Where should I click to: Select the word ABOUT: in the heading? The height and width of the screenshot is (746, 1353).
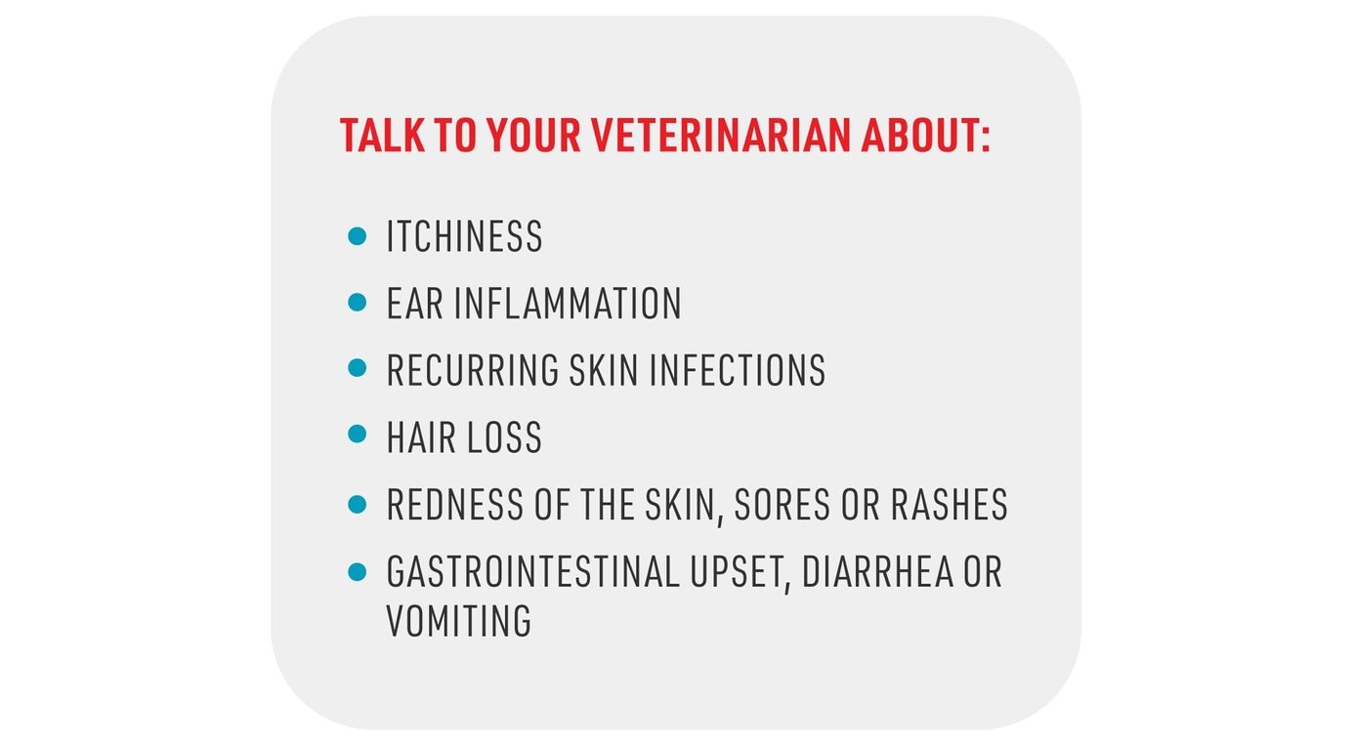pyautogui.click(x=925, y=136)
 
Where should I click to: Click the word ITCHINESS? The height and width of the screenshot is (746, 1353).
pyautogui.click(x=464, y=237)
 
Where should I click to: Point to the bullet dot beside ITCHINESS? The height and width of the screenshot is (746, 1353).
pyautogui.click(x=358, y=235)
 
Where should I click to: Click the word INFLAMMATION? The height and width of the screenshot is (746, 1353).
pyautogui.click(x=568, y=304)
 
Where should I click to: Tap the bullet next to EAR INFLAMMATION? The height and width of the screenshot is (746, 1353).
pyautogui.click(x=358, y=302)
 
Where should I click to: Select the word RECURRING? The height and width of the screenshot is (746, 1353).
pyautogui.click(x=473, y=371)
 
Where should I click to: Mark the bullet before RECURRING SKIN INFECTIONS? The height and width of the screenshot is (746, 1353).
pyautogui.click(x=358, y=368)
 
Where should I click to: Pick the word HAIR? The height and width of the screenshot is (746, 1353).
pyautogui.click(x=419, y=438)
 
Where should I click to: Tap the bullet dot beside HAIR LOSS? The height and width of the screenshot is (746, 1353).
pyautogui.click(x=358, y=434)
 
